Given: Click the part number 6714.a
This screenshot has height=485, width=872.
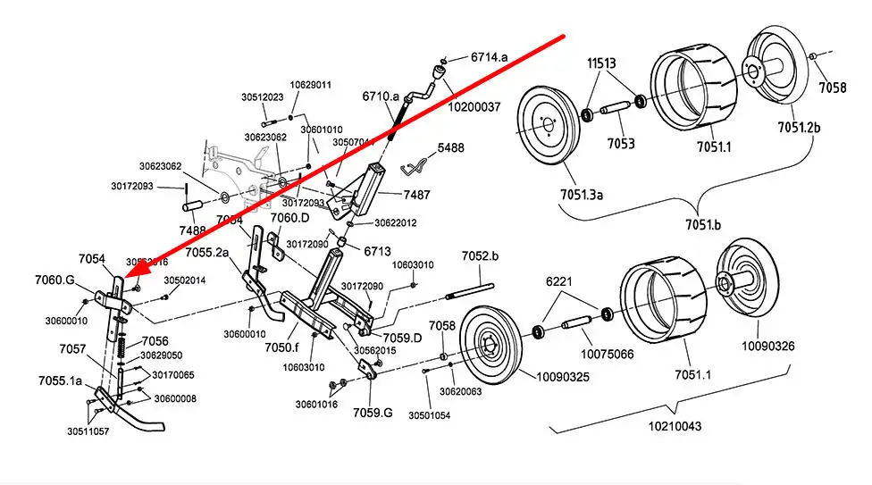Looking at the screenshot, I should [x=489, y=57].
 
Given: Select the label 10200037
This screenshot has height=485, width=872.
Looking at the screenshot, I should [x=474, y=107].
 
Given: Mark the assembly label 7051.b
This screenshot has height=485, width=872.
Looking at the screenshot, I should [x=702, y=224].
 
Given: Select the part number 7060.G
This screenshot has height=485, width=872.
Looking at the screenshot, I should [x=55, y=280].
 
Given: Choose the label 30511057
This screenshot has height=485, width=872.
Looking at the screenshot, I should [x=88, y=431].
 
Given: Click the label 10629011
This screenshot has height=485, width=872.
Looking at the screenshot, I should [x=311, y=85].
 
